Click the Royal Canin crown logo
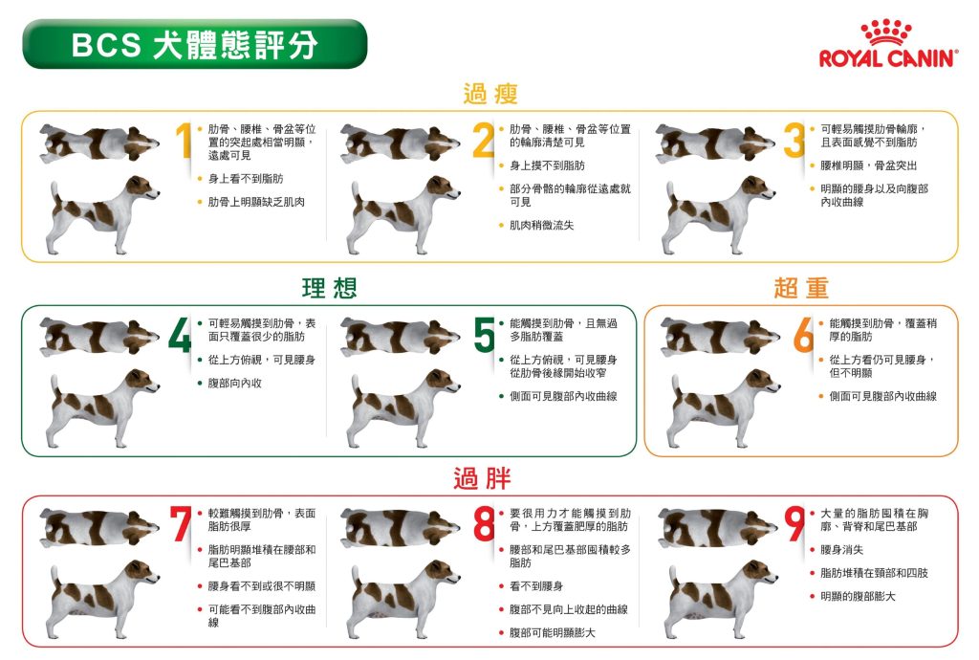click(x=885, y=32)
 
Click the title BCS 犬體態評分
click(x=195, y=45)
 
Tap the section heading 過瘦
click(x=490, y=94)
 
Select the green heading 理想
click(x=329, y=288)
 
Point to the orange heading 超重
click(x=801, y=288)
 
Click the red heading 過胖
click(x=482, y=478)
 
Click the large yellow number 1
click(x=183, y=141)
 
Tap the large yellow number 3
click(x=794, y=141)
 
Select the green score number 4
click(x=180, y=335)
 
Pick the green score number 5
click(x=485, y=335)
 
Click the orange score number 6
click(x=803, y=335)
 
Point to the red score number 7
click(x=181, y=524)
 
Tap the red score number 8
click(x=485, y=524)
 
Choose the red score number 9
click(x=794, y=524)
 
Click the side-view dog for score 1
click(x=101, y=215)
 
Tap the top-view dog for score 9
click(x=718, y=528)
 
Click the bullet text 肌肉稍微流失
click(x=542, y=226)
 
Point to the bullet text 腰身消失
click(x=842, y=550)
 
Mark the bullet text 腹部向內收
click(x=235, y=384)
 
